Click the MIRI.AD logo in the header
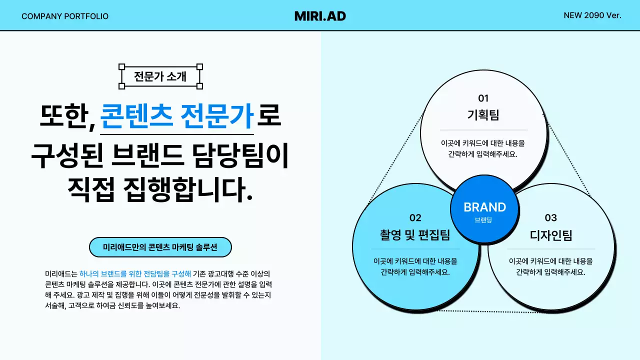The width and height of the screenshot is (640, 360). (320, 16)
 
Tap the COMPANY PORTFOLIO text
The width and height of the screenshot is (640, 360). (65, 16)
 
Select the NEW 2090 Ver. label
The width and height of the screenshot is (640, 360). (592, 15)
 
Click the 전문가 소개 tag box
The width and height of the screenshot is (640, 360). (160, 76)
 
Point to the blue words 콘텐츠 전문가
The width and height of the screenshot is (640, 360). (177, 116)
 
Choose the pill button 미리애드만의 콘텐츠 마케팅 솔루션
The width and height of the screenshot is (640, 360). (160, 247)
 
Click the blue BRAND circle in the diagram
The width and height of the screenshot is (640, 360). (484, 209)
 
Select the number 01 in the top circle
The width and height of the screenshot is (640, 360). (483, 98)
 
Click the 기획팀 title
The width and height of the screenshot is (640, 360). (483, 115)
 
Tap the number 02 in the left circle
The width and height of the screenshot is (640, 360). (415, 217)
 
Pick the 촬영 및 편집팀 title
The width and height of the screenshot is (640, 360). (415, 235)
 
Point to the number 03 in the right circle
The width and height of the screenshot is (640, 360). (550, 217)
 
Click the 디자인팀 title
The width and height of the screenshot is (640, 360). (550, 235)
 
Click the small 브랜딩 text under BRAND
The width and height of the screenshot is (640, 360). (483, 220)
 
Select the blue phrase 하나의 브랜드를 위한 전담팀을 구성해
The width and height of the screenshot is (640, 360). (135, 273)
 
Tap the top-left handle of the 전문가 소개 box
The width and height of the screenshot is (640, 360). (121, 66)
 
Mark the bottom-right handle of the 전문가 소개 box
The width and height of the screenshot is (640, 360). (199, 86)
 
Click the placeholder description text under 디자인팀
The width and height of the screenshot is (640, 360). (550, 266)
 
